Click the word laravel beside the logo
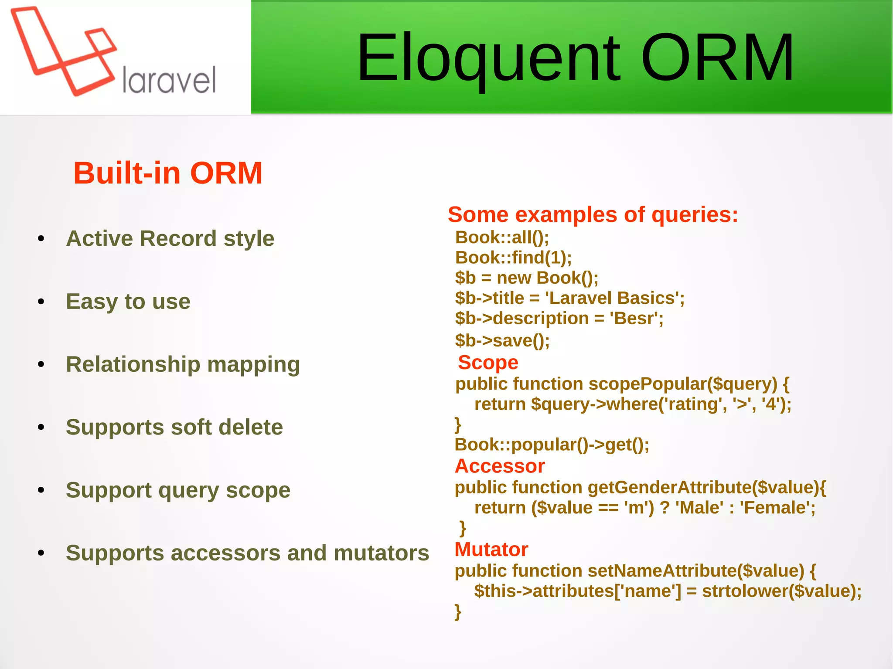169,81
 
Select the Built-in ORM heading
168,173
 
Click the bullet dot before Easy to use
41,302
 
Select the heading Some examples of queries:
593,214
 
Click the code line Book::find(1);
513,258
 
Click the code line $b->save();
502,340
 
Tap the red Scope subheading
488,363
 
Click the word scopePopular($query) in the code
683,384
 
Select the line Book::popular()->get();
552,445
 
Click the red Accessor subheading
500,466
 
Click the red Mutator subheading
491,549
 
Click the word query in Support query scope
189,490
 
